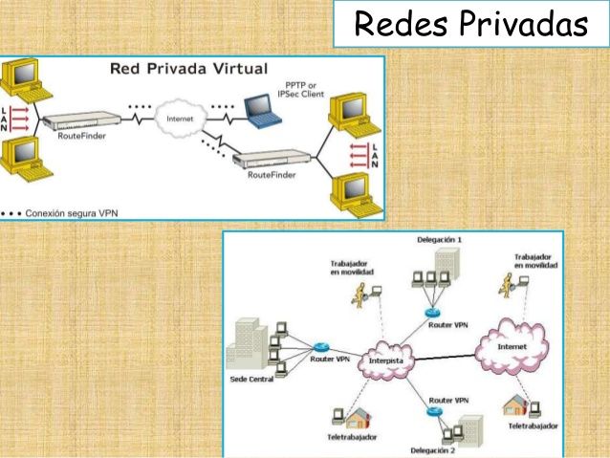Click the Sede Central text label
(x=252, y=379)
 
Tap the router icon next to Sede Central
(x=321, y=347)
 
